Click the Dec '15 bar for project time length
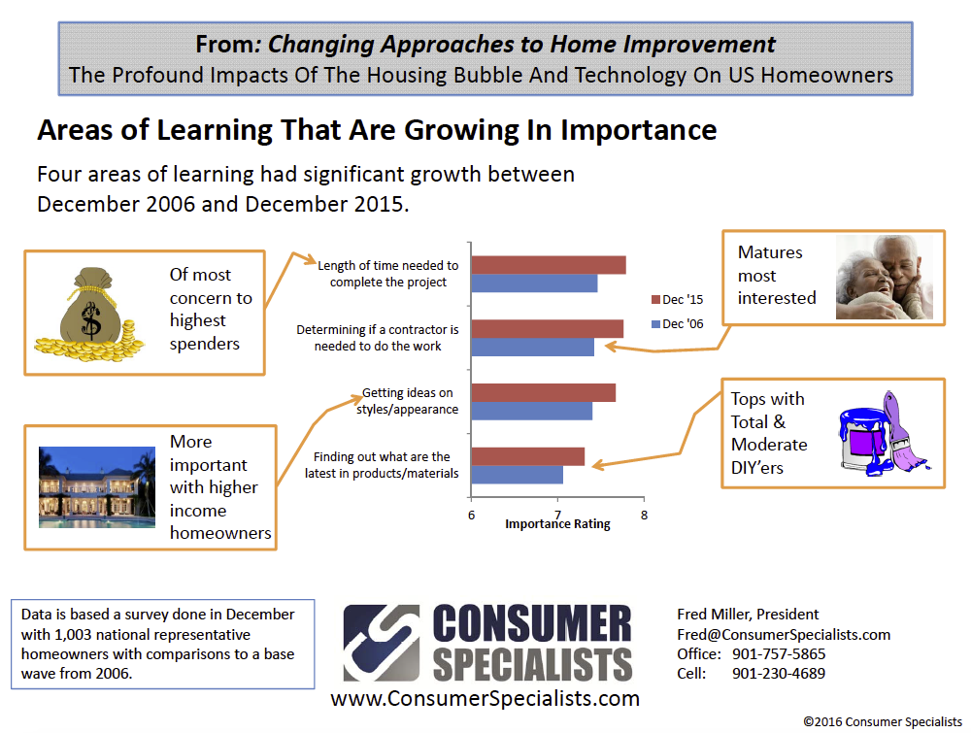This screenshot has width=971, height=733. (549, 265)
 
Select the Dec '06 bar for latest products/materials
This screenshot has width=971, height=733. (518, 475)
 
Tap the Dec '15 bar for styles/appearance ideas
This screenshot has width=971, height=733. (544, 392)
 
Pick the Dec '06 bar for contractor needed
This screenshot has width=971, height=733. (532, 348)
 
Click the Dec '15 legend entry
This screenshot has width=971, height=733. (678, 300)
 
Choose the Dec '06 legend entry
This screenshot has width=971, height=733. (678, 324)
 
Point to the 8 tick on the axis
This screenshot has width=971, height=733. (644, 516)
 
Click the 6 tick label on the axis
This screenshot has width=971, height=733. (471, 516)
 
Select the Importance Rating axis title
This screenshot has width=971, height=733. (557, 524)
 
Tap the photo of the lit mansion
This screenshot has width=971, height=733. (96, 487)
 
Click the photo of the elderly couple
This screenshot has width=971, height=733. (885, 277)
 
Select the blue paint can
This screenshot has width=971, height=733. (864, 440)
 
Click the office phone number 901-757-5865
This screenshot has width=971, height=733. (779, 654)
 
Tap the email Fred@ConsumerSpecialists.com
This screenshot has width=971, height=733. (784, 635)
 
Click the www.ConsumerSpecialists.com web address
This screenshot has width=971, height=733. (485, 698)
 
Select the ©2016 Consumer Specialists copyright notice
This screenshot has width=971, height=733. (883, 722)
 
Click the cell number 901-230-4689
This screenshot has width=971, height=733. (779, 674)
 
